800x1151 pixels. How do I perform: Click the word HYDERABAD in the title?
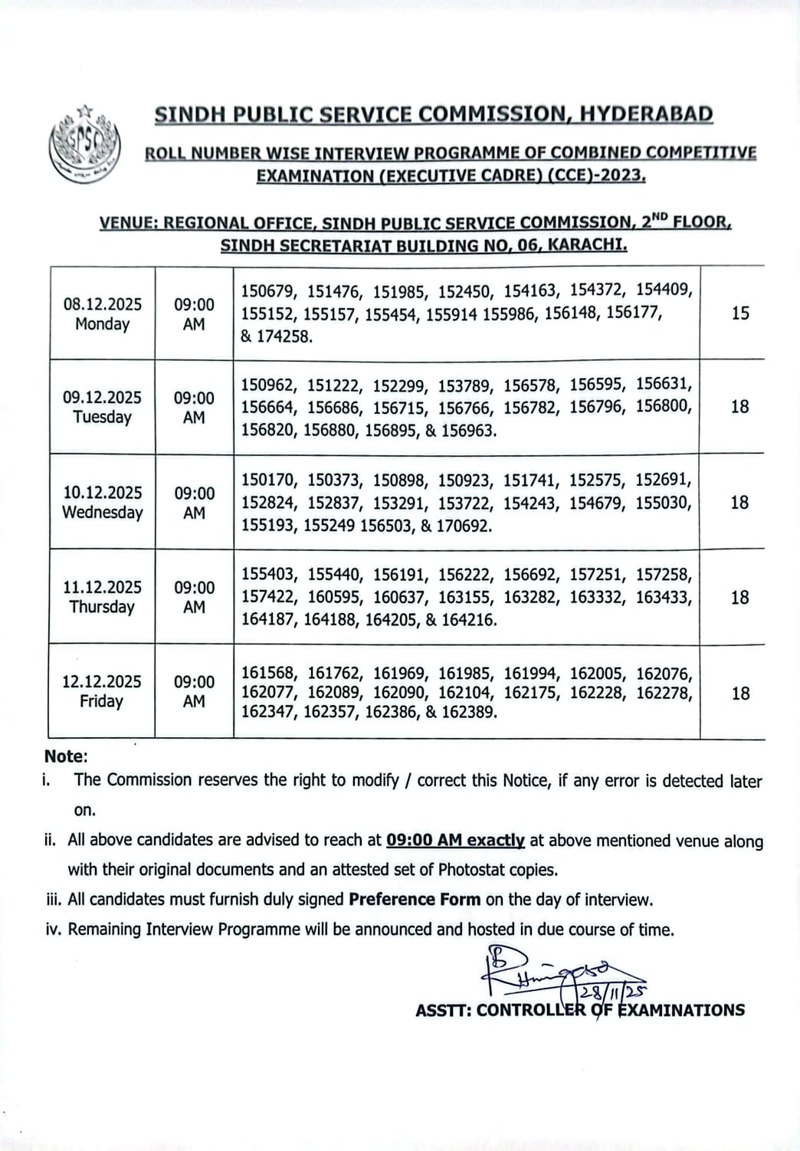click(646, 114)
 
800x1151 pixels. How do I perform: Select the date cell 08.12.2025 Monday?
click(102, 313)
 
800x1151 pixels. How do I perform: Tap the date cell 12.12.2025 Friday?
click(102, 691)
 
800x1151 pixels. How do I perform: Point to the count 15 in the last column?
click(739, 313)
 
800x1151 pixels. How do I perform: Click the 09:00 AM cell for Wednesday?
click(194, 503)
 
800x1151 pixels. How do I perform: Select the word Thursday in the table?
click(102, 607)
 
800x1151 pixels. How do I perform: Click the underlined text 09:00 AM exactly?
click(455, 840)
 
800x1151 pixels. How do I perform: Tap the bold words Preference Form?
click(415, 900)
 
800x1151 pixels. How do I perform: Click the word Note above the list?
click(65, 756)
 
